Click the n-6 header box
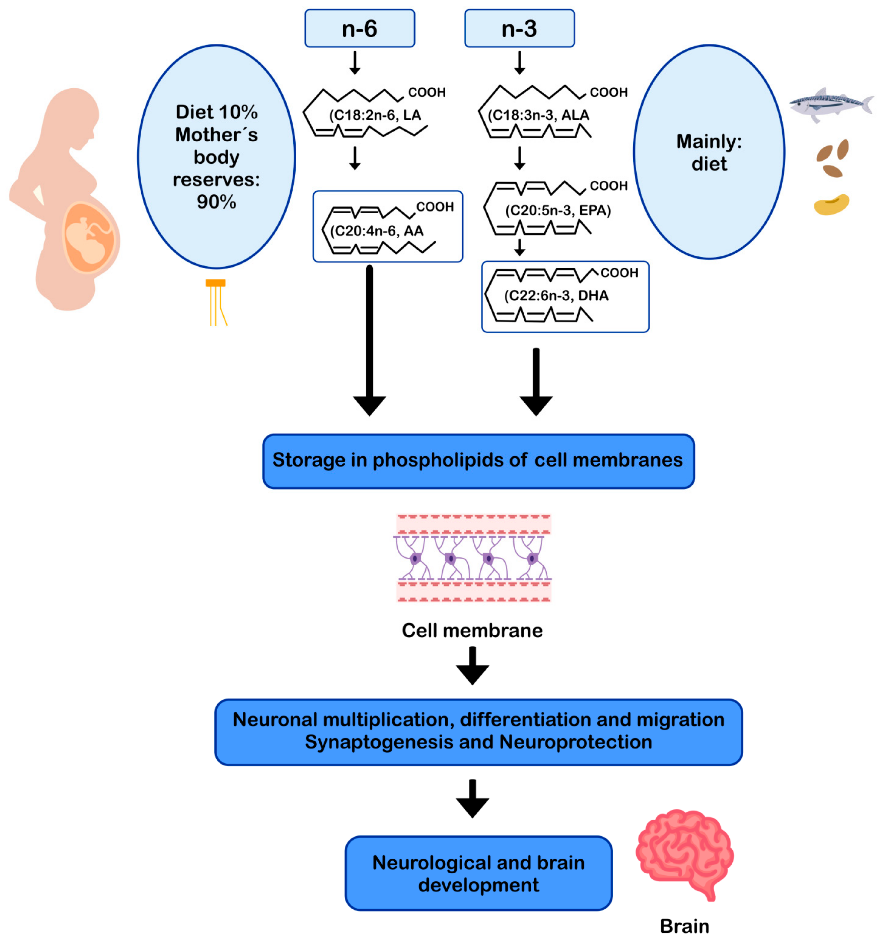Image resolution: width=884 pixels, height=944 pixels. (x=359, y=29)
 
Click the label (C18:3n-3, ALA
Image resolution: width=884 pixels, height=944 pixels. (x=538, y=115)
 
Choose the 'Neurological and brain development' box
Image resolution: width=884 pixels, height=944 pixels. (x=478, y=874)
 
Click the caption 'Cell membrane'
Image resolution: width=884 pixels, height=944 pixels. (x=472, y=631)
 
